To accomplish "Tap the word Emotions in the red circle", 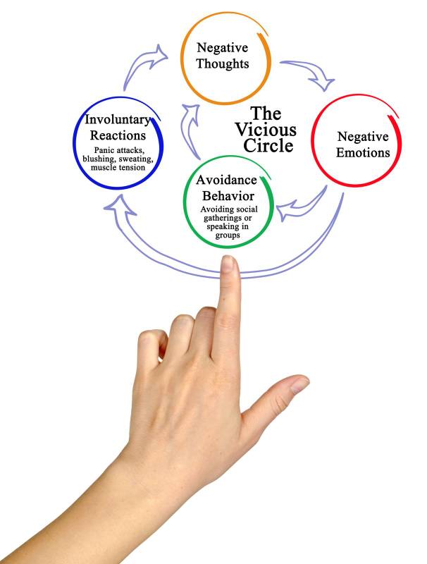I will [363, 152].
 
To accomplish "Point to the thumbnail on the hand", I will [298, 384].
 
